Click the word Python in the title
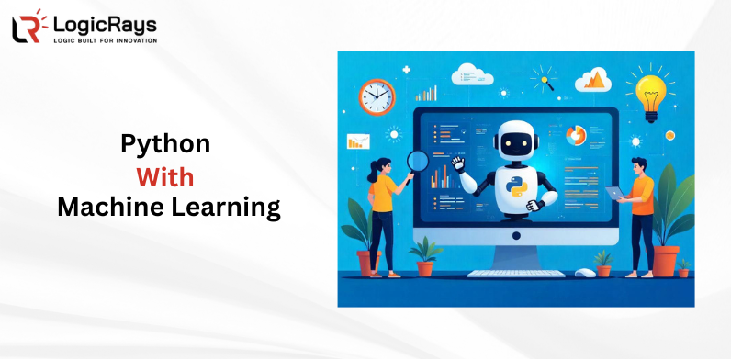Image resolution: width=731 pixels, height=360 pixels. coord(166,144)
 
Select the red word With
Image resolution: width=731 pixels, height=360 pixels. coord(165,176)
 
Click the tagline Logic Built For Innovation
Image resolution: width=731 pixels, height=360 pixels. coord(105,40)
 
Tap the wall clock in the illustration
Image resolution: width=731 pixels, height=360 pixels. coord(377,96)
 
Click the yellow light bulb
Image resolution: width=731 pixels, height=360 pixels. coord(650,92)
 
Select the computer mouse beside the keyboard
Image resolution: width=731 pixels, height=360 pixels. coord(585,272)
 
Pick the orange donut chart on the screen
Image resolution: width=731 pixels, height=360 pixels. coord(577,136)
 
